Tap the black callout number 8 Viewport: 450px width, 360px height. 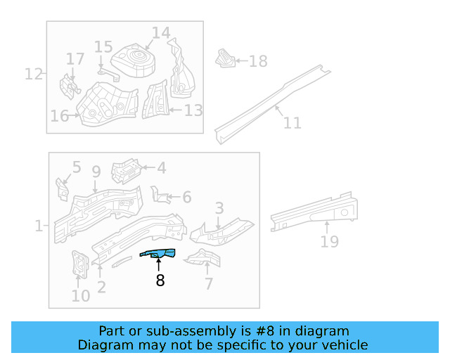click(160, 281)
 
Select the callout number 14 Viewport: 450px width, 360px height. click(161, 33)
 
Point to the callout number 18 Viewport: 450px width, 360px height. click(258, 61)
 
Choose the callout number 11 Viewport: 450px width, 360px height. click(292, 123)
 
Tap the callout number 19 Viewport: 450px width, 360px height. click(329, 242)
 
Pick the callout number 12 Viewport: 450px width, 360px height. click(34, 74)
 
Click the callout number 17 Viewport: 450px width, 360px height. click(75, 58)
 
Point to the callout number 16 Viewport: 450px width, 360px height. click(59, 116)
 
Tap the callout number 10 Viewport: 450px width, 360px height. click(81, 295)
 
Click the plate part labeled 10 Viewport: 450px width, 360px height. click(79, 264)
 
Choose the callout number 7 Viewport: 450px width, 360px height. click(208, 283)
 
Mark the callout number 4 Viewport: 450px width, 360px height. click(161, 168)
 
